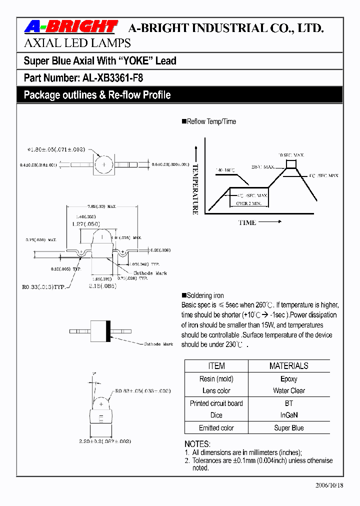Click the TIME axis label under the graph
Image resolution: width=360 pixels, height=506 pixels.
pos(247,222)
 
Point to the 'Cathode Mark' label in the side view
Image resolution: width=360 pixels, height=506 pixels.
pos(150,273)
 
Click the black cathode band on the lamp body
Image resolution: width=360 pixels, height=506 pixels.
pos(108,331)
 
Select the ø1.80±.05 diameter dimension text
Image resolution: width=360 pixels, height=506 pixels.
pos(56,149)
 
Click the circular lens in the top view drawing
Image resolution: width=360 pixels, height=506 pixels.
pos(104,164)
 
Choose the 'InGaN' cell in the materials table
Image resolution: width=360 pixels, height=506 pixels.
pos(288,415)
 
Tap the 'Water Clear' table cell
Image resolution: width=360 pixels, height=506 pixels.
pos(288,390)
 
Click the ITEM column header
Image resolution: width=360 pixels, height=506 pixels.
pos(216,366)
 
